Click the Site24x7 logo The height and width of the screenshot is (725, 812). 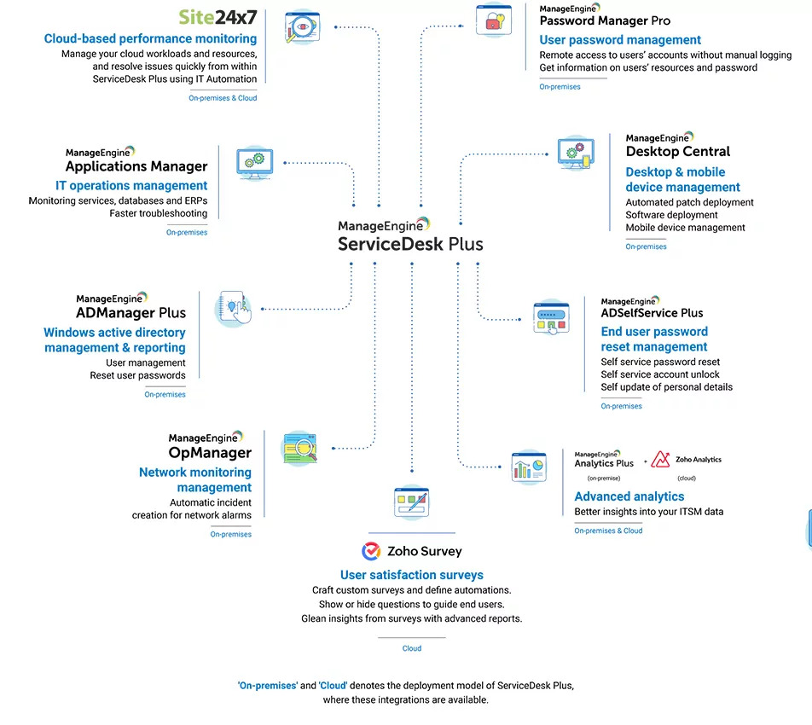point(217,17)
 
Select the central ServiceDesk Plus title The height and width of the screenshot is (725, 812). point(410,244)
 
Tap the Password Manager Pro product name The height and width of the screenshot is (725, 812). point(605,20)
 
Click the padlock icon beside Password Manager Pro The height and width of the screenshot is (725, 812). point(493,20)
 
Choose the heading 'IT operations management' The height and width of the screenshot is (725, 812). point(131,185)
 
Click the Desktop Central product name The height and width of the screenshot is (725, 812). point(678,151)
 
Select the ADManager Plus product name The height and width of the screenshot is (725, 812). point(130,313)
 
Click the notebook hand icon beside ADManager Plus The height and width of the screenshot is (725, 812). point(234,309)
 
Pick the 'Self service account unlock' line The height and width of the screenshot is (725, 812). point(659,374)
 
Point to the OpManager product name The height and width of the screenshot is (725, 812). point(210,453)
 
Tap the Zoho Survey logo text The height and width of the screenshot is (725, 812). point(424,551)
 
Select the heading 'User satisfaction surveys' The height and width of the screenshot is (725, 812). point(411,575)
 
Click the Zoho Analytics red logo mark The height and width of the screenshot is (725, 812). point(660,459)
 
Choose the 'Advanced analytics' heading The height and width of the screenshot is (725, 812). point(629,496)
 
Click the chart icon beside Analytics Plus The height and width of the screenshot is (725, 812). point(528,467)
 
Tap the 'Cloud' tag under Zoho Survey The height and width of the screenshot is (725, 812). point(412,648)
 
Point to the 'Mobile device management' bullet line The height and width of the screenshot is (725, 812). point(685,228)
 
